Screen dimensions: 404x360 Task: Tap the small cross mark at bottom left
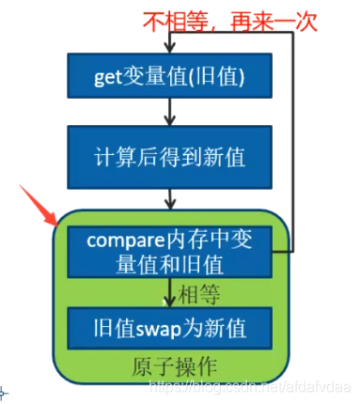click(x=4, y=391)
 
